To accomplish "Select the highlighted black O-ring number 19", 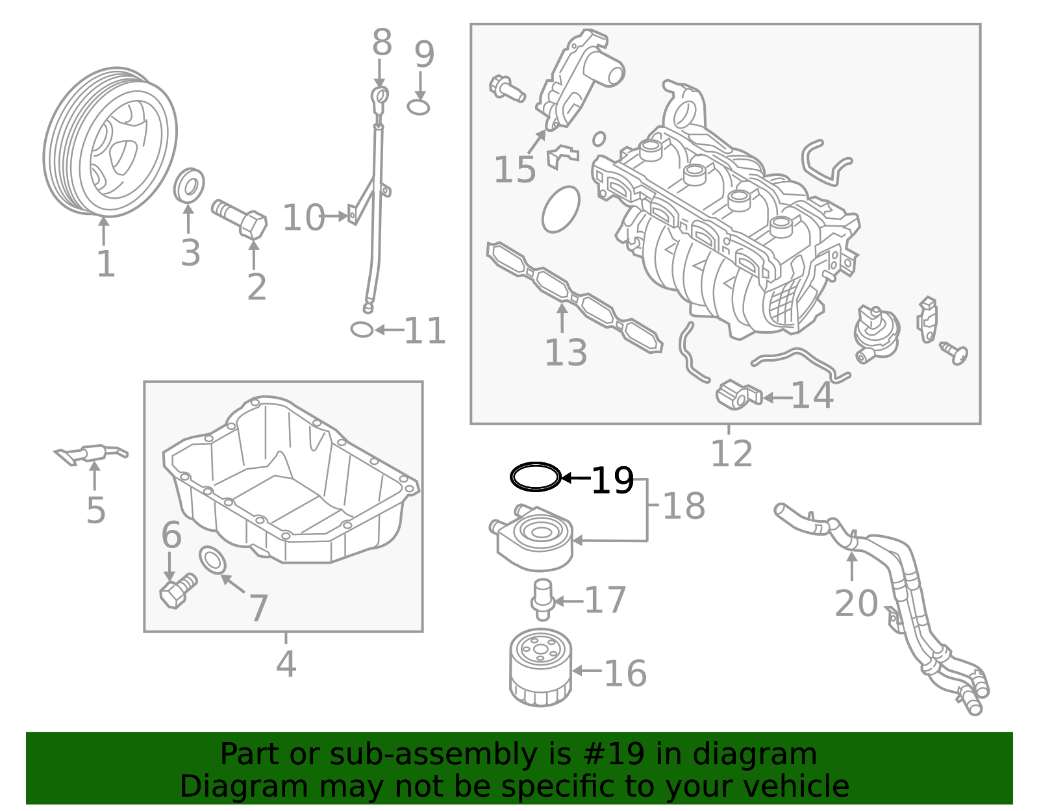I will [534, 477].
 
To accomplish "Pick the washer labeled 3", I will [189, 186].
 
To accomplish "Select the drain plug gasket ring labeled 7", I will [212, 560].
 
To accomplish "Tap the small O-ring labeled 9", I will [419, 107].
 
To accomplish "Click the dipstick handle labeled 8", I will [380, 97].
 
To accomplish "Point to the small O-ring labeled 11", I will [362, 330].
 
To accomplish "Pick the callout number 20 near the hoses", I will [855, 604].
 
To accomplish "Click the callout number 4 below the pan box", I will [286, 664].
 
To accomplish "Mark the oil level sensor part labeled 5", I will [91, 454].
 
